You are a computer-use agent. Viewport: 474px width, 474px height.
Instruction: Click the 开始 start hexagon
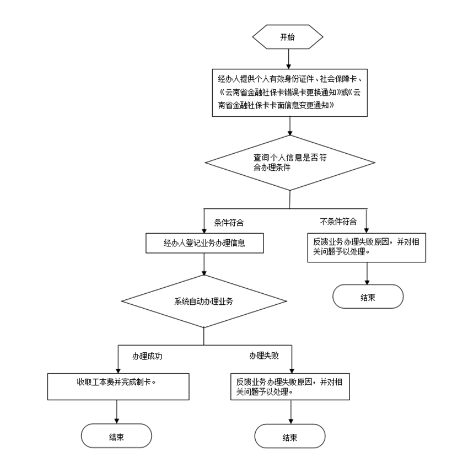pos(287,37)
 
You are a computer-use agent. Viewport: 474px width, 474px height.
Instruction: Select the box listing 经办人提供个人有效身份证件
pos(290,92)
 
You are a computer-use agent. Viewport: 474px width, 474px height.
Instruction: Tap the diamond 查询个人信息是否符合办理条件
pos(290,163)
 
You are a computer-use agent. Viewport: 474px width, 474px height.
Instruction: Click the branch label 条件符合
pos(229,223)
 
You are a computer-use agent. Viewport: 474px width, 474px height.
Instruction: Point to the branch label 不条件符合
pos(338,222)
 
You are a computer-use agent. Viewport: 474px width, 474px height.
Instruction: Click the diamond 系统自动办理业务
pos(204,301)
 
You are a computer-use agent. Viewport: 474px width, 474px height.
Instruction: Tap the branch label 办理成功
pos(147,356)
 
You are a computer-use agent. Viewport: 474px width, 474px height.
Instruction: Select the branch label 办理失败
pos(263,356)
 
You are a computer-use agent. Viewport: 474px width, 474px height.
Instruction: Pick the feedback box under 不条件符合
pos(367,246)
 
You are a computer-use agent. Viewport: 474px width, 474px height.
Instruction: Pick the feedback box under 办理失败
pos(290,387)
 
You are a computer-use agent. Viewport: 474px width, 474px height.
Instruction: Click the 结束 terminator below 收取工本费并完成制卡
pos(116,437)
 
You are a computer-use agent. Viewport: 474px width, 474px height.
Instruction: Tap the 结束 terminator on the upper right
pos(368,297)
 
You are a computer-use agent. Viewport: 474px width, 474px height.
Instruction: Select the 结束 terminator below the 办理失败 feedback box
pos(290,438)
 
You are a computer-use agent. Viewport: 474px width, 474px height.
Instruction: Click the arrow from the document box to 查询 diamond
pos(290,126)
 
